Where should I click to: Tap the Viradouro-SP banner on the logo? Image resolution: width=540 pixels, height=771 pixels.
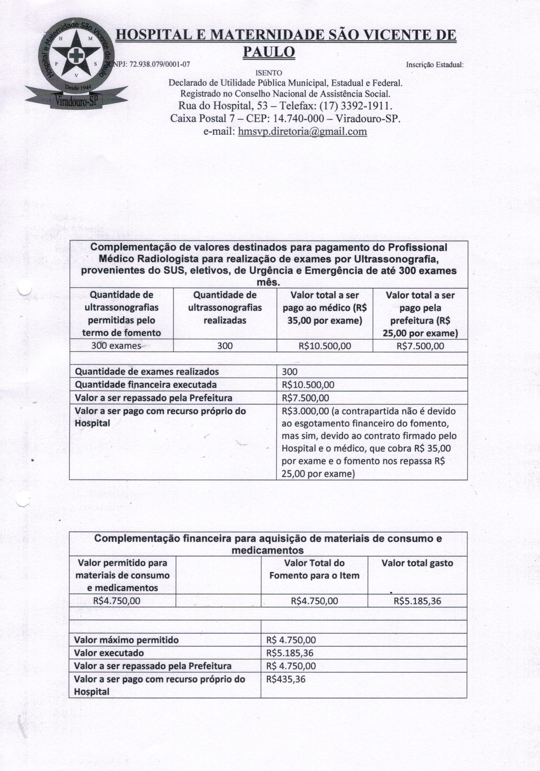click(76, 100)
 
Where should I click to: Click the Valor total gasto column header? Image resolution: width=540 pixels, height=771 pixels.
click(417, 563)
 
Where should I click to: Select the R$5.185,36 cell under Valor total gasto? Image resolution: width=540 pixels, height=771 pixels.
click(417, 601)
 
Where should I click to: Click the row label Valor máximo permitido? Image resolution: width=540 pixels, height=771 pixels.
click(126, 640)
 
